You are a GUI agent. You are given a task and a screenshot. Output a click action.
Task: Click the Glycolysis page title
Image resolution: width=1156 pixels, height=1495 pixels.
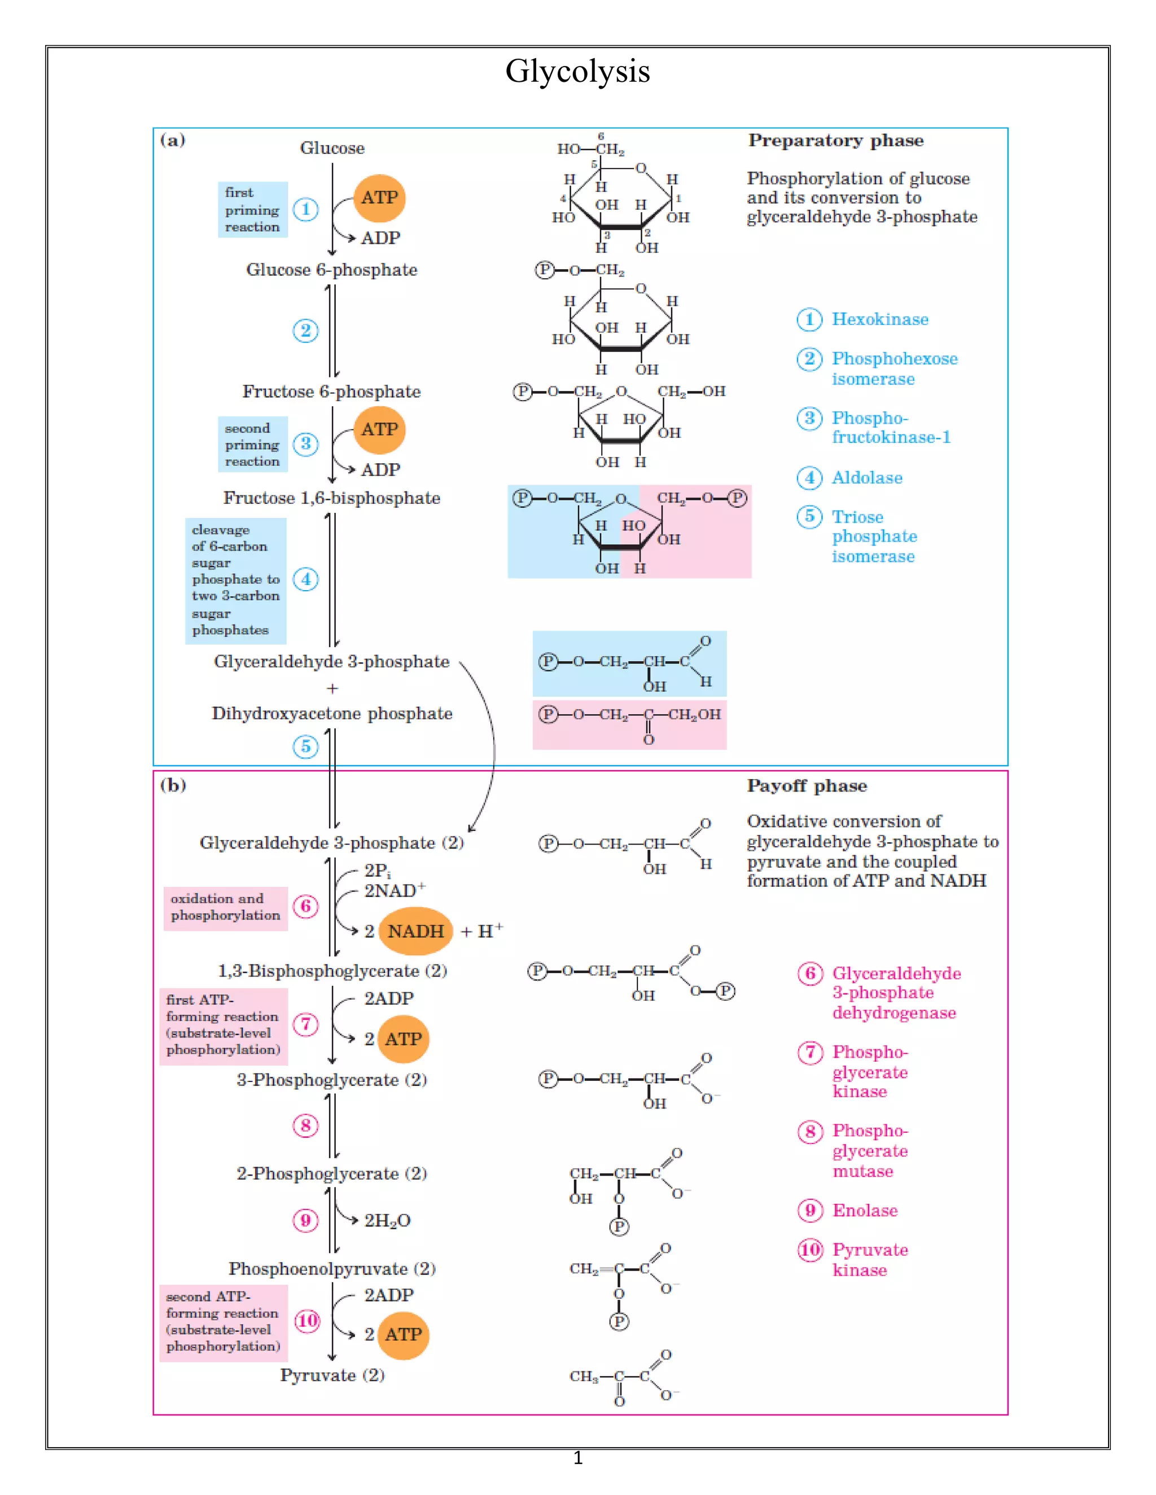577,71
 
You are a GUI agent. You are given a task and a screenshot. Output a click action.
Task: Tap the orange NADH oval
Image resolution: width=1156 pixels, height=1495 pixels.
415,931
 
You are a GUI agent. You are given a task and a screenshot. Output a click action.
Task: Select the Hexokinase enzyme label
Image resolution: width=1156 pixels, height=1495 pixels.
880,320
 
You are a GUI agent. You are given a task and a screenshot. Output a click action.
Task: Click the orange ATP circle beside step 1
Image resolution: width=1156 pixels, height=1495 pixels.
379,198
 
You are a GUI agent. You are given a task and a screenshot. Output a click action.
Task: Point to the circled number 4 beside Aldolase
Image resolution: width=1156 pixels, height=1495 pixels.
809,478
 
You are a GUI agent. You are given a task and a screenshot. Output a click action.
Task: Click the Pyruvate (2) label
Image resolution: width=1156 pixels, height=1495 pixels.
332,1375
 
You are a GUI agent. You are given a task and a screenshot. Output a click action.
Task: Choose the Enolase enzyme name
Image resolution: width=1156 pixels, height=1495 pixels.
864,1210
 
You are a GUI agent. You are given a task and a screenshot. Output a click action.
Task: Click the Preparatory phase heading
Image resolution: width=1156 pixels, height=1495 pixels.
835,140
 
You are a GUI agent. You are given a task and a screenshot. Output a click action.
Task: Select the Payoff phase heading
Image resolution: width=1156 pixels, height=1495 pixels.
807,786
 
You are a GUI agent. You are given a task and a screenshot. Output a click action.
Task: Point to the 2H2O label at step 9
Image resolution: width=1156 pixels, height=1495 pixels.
387,1220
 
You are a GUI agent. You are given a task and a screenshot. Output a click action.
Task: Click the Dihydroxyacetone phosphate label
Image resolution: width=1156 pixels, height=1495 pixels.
332,713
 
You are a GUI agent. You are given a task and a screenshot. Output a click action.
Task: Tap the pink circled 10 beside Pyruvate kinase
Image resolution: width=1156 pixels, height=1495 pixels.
810,1250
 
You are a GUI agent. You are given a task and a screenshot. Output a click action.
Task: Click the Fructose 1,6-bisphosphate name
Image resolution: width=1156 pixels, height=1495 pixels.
331,498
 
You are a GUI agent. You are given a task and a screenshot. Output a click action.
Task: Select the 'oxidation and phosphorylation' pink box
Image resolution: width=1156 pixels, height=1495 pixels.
225,907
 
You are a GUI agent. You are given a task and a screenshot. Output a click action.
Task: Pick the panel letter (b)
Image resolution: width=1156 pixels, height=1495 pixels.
173,785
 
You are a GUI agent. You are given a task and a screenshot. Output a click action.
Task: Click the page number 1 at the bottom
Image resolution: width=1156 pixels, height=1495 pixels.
577,1458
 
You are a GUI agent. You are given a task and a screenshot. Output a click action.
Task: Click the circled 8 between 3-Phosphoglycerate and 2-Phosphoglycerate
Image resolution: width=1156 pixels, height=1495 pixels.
305,1125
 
